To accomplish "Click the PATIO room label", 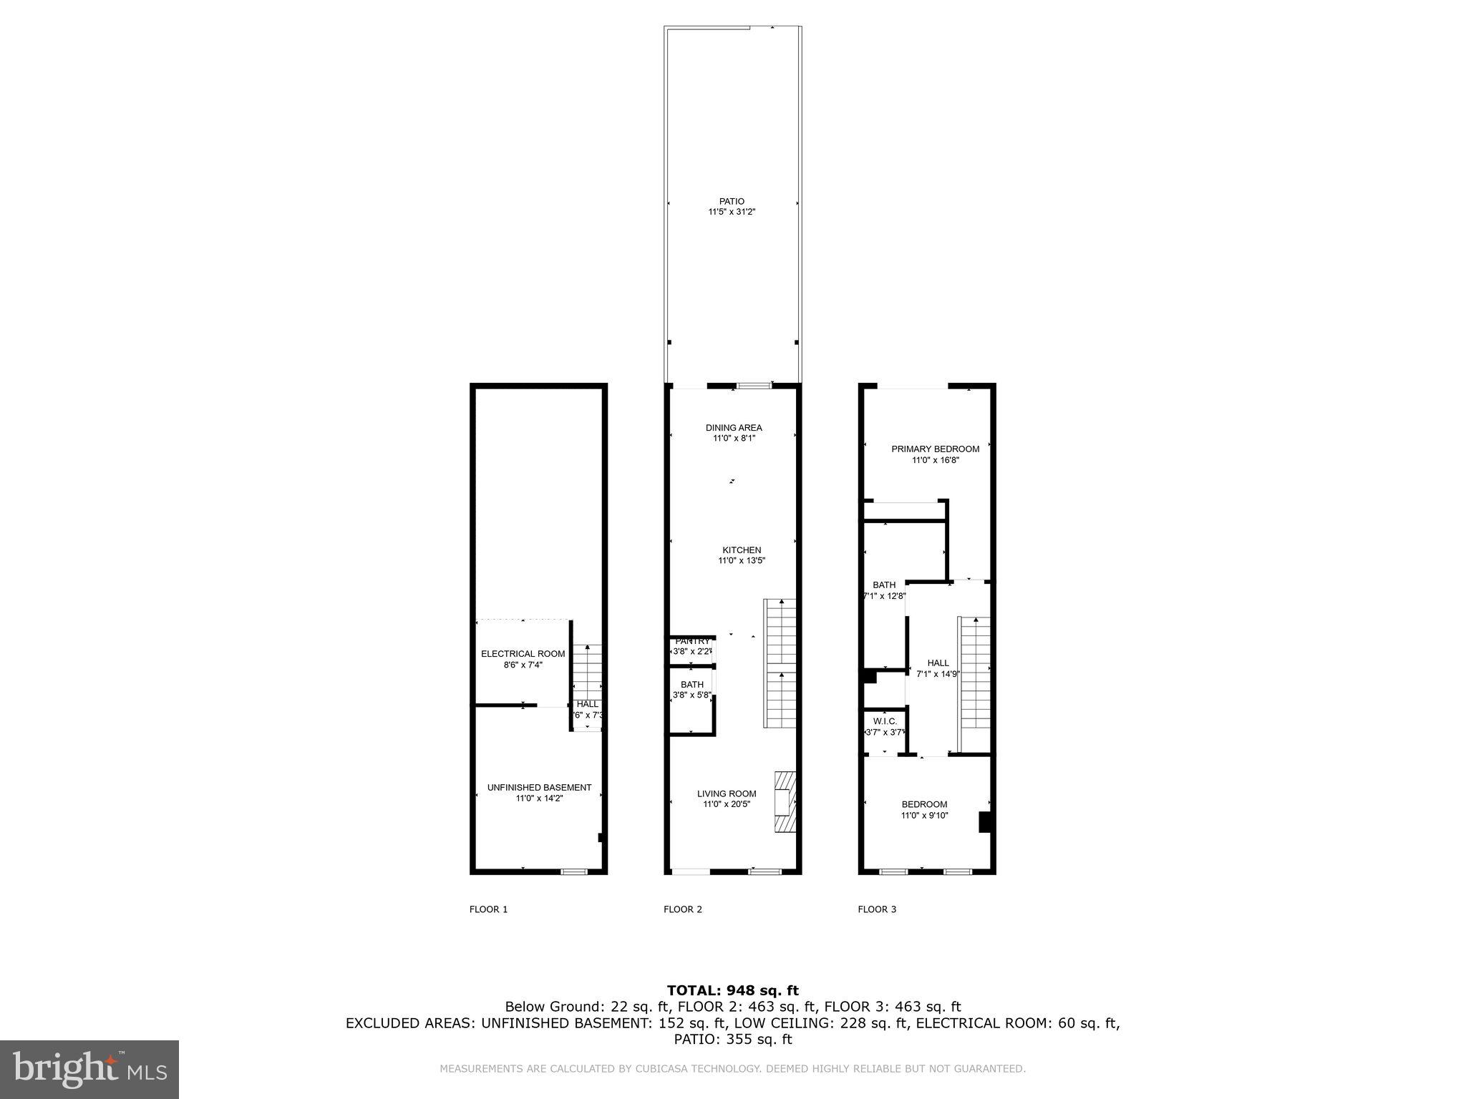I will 732,202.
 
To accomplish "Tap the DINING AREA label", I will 734,428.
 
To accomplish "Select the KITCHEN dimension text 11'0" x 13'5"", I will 742,561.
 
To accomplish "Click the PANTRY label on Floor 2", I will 692,641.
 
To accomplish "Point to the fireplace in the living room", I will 785,801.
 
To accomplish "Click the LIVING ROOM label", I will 727,793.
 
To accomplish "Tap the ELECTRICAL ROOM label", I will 523,654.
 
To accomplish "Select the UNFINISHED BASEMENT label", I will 539,788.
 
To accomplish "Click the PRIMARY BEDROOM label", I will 935,449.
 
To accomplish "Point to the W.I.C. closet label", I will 885,721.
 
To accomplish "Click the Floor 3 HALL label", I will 938,663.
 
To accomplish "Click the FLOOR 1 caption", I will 488,909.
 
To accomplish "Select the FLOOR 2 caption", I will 683,909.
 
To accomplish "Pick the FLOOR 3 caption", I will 877,909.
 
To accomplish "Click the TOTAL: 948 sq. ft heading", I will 732,991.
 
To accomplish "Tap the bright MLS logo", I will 89,1069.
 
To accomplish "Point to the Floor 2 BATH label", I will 691,685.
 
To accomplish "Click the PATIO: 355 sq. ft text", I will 732,1039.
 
